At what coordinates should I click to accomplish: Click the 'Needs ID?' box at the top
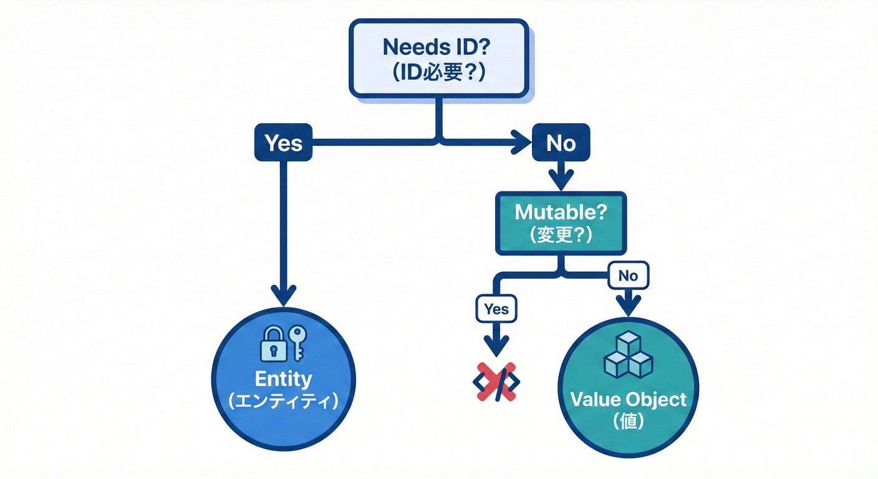point(438,58)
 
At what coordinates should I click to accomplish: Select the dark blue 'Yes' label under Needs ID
point(283,143)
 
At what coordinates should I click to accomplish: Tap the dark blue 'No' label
point(561,143)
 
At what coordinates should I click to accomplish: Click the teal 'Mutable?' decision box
point(561,223)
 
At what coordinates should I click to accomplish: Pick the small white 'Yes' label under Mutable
point(496,309)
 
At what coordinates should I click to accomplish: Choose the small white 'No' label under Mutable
point(628,275)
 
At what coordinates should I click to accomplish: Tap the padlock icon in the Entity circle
point(273,344)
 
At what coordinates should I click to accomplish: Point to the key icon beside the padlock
point(297,342)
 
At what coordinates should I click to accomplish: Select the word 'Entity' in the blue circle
point(284,379)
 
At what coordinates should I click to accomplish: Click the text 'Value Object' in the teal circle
point(628,399)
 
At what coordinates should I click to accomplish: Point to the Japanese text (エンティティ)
point(284,400)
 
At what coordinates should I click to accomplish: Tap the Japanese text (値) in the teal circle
point(628,421)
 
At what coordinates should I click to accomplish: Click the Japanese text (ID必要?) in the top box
point(438,71)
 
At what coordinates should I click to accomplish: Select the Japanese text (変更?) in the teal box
point(561,236)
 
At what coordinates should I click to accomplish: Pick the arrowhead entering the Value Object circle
point(628,305)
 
